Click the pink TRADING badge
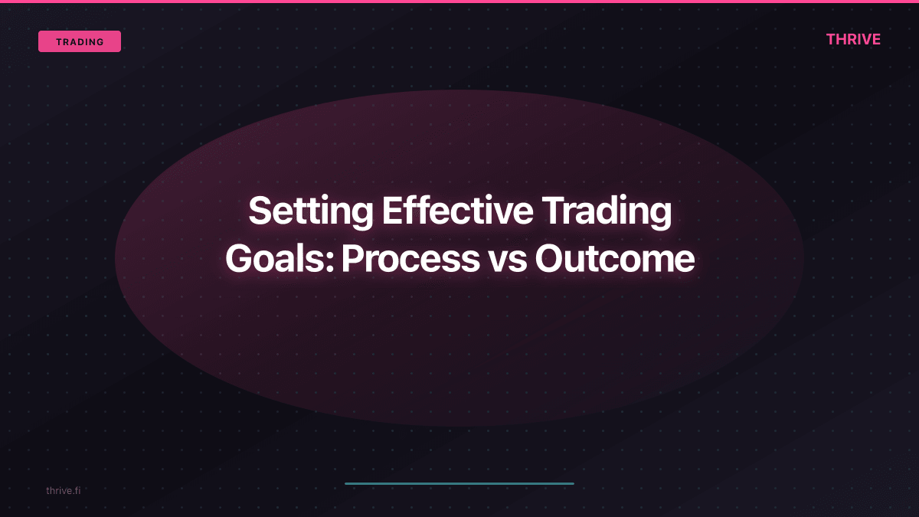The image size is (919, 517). [80, 41]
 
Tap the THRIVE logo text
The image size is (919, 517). [853, 40]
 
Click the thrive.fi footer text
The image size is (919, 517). [63, 490]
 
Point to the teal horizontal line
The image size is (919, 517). [459, 483]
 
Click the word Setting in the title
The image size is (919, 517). [309, 211]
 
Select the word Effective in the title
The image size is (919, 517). [457, 211]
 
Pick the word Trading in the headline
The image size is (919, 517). [608, 211]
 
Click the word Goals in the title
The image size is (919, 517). [276, 260]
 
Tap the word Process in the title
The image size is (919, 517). [410, 260]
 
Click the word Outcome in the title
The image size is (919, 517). [614, 260]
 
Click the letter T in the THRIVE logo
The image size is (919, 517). [831, 40]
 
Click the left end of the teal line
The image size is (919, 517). [347, 483]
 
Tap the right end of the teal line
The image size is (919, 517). [572, 483]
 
